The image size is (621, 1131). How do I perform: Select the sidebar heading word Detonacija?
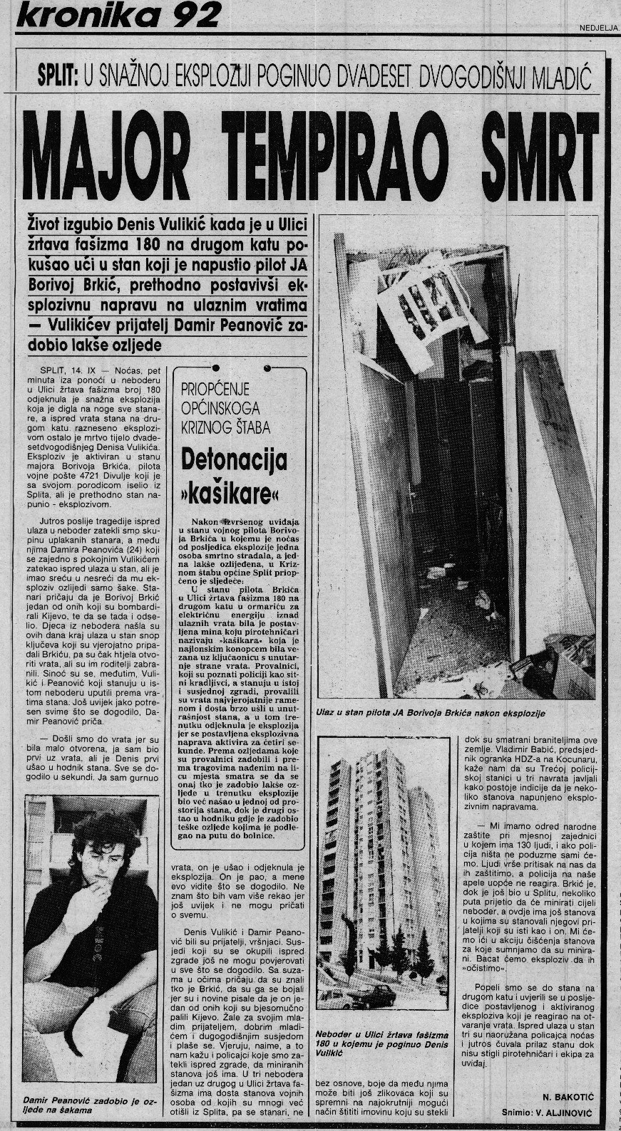pyautogui.click(x=234, y=461)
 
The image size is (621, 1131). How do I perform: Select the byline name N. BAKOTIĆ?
pyautogui.click(x=561, y=1098)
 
